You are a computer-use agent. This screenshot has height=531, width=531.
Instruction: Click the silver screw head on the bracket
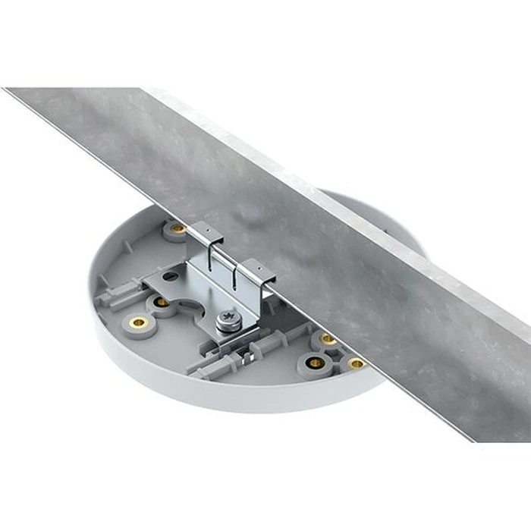[229, 320]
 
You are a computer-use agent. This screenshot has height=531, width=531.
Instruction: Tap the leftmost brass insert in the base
[138, 322]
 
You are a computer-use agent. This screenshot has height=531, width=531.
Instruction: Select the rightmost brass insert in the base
[356, 363]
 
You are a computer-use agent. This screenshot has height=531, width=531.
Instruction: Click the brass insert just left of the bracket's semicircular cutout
[162, 302]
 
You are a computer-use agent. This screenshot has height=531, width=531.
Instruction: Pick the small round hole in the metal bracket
[171, 276]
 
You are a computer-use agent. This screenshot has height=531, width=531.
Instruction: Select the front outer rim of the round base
[228, 394]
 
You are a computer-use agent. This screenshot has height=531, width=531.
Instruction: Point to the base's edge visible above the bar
[379, 212]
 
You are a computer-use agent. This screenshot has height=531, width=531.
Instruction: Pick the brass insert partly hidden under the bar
[328, 339]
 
